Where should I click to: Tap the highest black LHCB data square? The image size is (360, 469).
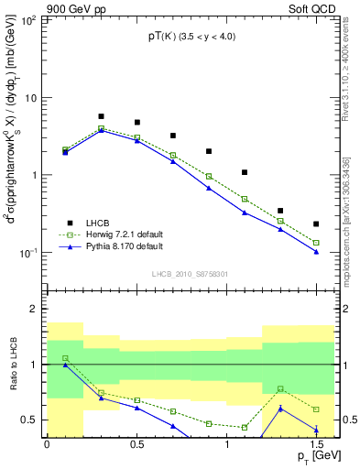(x=101, y=116)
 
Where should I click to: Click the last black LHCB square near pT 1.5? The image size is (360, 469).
(x=316, y=224)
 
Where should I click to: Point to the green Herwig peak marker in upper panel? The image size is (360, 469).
(x=101, y=128)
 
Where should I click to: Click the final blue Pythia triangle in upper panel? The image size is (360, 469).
(x=316, y=251)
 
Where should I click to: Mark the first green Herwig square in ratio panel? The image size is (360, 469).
(x=65, y=358)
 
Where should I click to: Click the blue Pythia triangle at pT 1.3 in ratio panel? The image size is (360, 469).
(x=280, y=409)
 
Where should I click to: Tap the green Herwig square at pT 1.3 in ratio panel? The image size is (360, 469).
(x=280, y=388)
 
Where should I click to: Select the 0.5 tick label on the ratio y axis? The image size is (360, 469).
(x=29, y=420)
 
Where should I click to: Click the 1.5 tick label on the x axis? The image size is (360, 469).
(x=316, y=444)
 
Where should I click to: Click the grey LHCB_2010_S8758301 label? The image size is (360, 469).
(x=190, y=273)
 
